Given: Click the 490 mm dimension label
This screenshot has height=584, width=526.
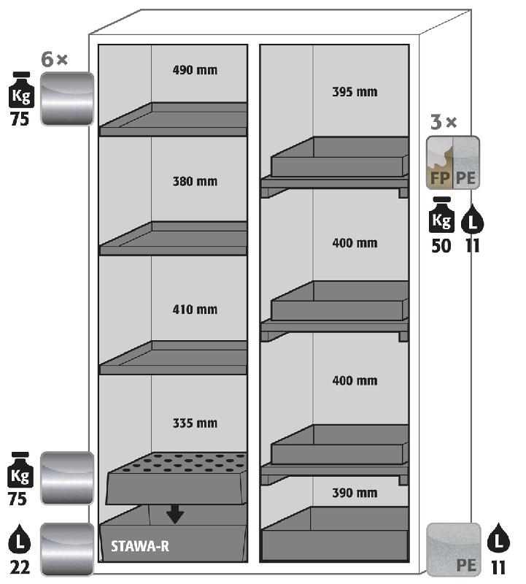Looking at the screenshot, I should tap(195, 71).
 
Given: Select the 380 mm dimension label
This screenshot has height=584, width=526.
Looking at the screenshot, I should tap(195, 181).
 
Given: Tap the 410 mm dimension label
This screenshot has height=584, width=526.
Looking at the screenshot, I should tap(195, 310).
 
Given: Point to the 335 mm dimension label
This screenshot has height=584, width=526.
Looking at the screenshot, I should tap(195, 423).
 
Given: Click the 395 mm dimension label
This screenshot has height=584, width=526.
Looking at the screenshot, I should tap(355, 92).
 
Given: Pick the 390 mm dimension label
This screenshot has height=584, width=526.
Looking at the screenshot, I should tap(355, 493).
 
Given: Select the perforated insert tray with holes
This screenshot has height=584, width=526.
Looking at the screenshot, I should tap(175, 477).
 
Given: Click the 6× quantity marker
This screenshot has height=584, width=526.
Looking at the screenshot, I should tap(54, 61).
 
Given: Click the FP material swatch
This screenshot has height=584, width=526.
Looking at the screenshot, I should tap(439, 163).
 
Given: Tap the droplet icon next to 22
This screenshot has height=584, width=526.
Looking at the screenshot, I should tap(20, 542).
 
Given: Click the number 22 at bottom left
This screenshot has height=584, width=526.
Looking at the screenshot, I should tap(20, 566).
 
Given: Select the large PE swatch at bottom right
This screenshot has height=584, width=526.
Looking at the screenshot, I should tap(453, 549).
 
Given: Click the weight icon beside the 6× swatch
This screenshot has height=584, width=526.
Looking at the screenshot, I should tap(20, 89).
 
